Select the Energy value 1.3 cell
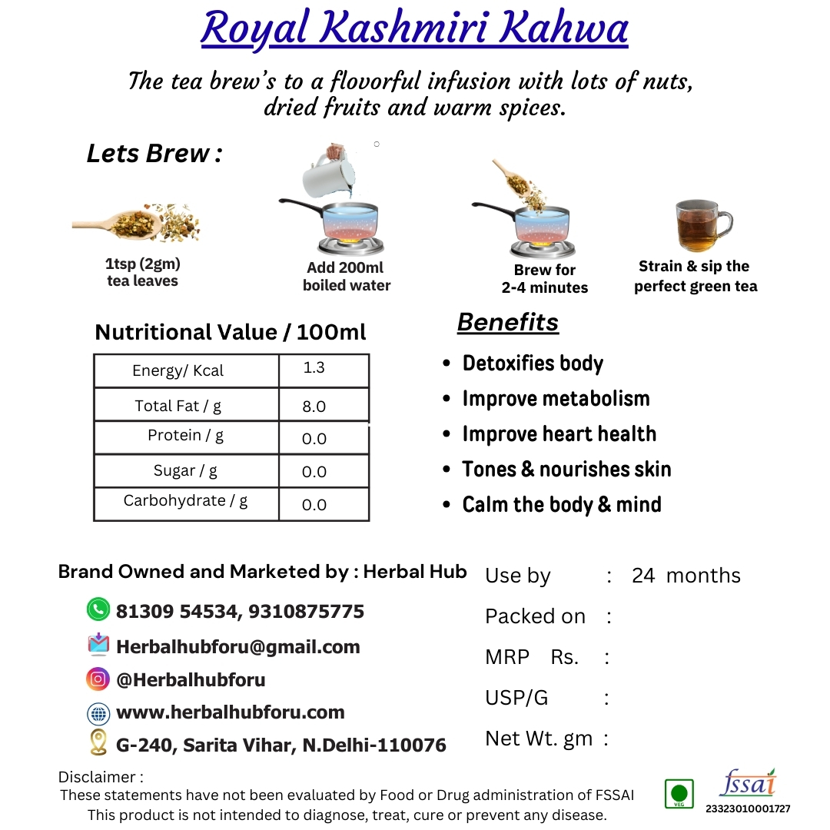(314, 368)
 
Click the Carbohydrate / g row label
(185, 501)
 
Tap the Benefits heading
(508, 323)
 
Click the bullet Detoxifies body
(533, 364)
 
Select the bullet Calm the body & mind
(561, 505)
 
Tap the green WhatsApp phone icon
(98, 610)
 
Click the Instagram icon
(98, 679)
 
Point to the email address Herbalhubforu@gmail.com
(237, 647)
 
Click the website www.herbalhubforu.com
(230, 712)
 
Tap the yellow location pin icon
(98, 742)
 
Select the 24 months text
(686, 576)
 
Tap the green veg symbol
(678, 793)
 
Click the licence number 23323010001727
(748, 808)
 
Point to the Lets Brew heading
(154, 154)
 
